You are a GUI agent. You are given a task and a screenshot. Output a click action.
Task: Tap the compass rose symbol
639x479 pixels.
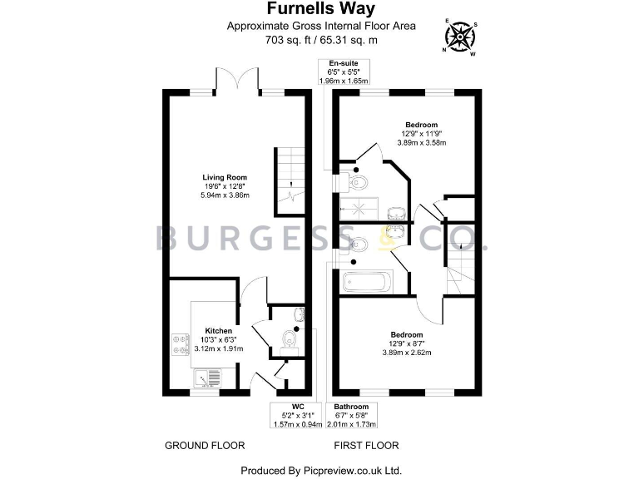pyautogui.click(x=459, y=36)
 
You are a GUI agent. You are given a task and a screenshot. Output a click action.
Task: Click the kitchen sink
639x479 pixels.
pyautogui.click(x=206, y=378)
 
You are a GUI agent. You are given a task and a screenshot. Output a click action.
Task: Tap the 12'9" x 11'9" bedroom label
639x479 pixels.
pyautogui.click(x=421, y=134)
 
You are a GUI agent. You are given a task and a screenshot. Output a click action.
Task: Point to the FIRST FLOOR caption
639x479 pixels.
pyautogui.click(x=366, y=445)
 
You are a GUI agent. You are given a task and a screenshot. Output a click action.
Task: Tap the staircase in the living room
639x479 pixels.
pyautogui.click(x=287, y=176)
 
